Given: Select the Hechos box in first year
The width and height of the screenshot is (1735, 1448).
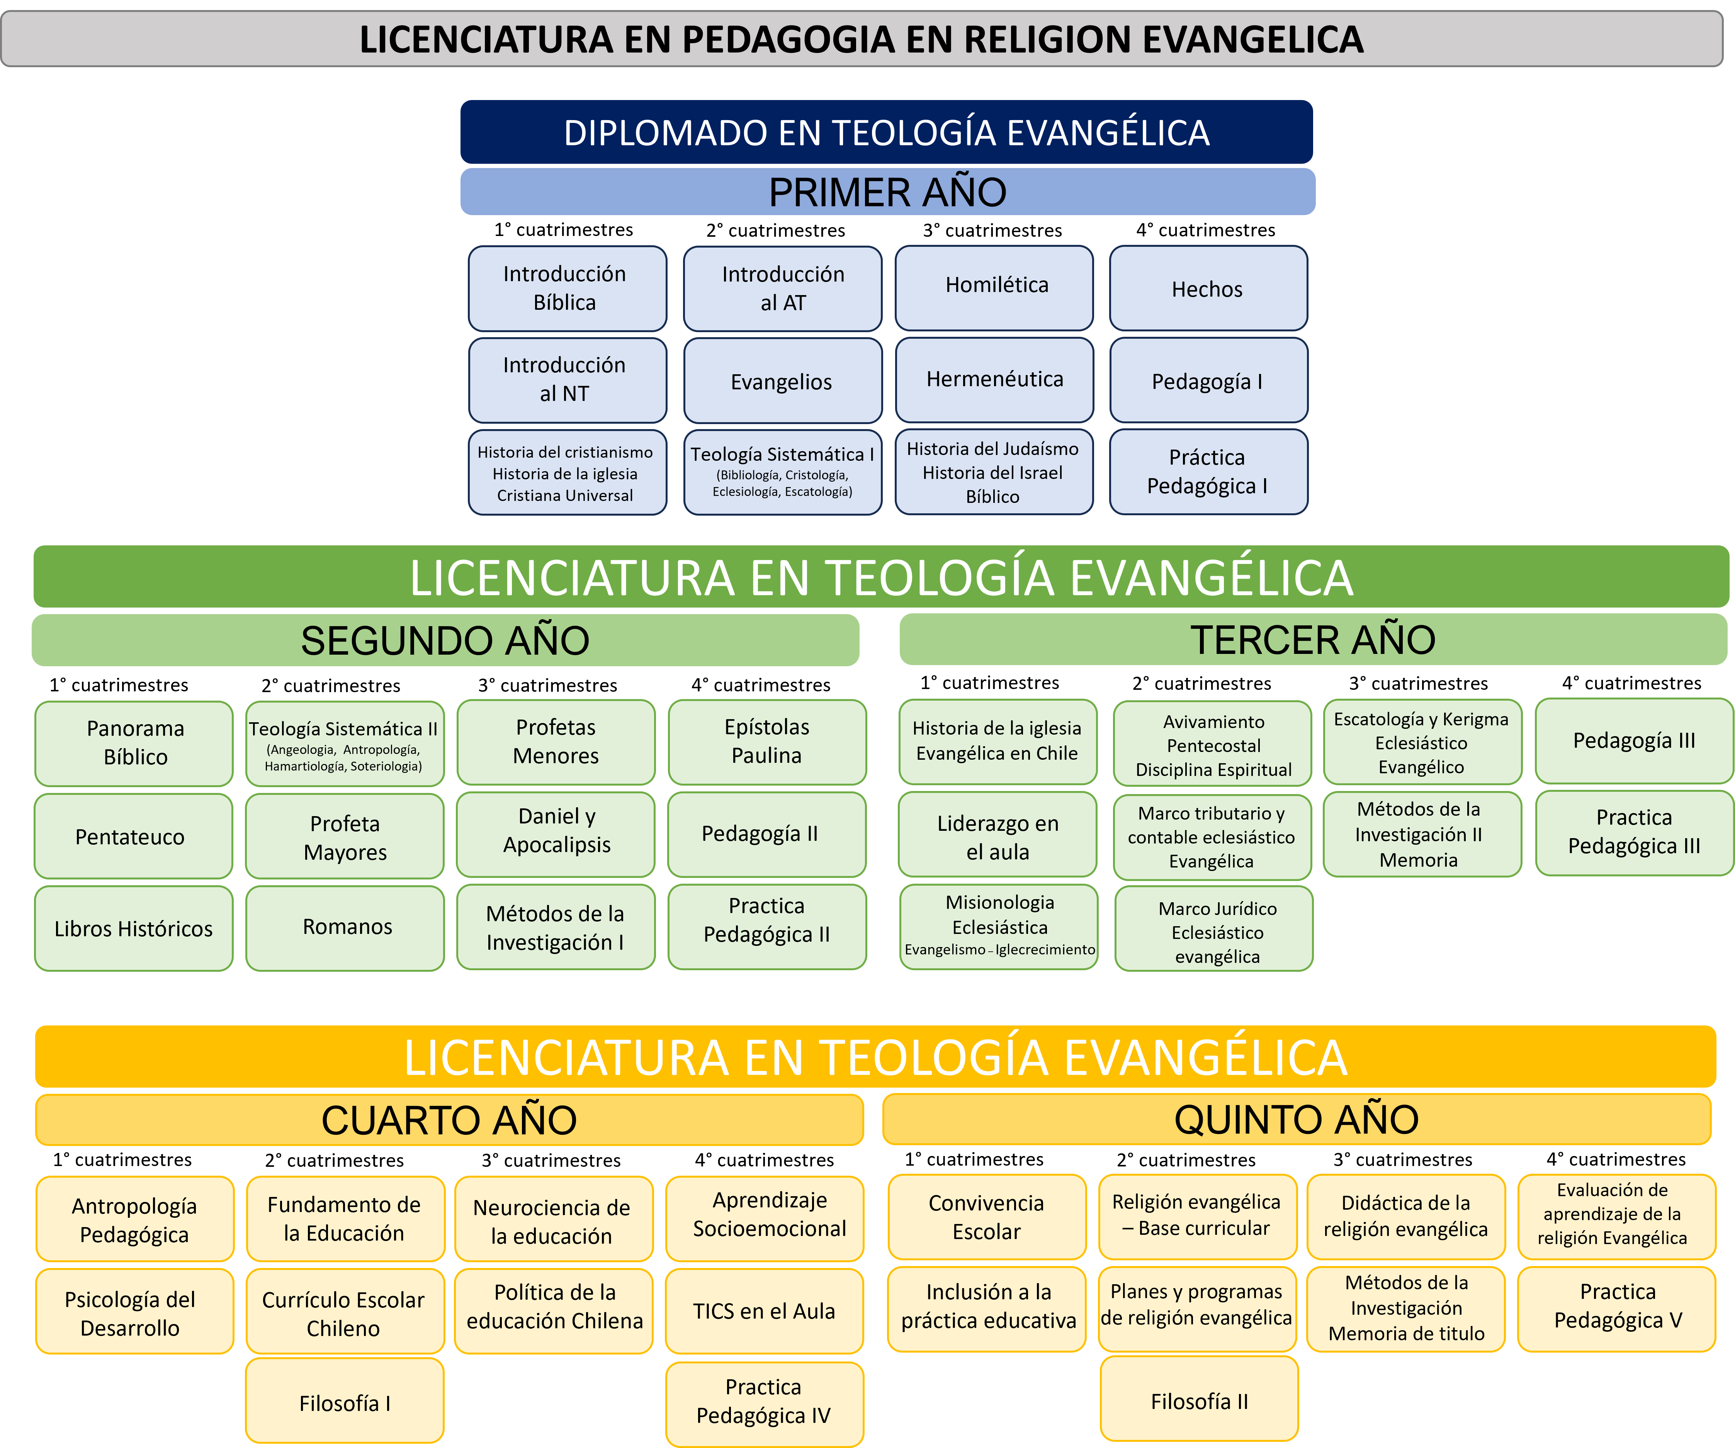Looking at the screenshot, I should click(x=1207, y=289).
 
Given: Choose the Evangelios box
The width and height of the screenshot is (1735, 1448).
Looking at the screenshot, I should click(x=782, y=382).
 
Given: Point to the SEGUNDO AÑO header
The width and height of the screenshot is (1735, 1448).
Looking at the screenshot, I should click(x=445, y=640).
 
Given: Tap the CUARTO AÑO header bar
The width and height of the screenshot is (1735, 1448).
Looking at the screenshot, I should click(x=449, y=1120).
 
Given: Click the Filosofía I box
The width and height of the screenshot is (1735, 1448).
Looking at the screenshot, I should click(x=345, y=1402).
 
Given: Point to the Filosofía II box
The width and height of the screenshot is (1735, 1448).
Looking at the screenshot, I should click(x=1199, y=1401).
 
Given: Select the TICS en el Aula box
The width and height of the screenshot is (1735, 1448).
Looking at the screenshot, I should click(x=764, y=1311).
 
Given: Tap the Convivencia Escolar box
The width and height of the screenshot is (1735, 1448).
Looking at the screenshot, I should click(x=986, y=1217).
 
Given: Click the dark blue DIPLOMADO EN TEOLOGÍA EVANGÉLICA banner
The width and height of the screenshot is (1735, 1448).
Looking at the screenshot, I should click(x=887, y=132).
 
